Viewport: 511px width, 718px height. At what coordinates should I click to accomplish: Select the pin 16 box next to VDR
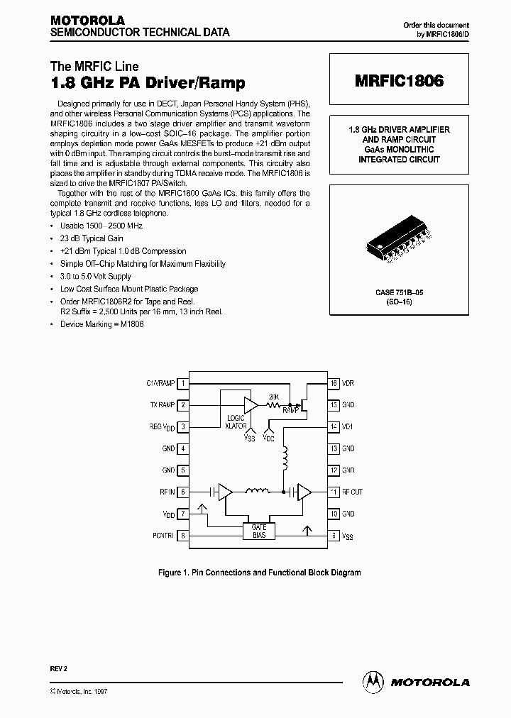coord(332,383)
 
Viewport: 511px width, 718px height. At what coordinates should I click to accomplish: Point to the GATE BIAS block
coord(258,531)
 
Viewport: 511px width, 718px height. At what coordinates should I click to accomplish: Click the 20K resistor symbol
coord(273,404)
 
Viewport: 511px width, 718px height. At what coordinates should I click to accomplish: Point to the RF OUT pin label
coord(352,492)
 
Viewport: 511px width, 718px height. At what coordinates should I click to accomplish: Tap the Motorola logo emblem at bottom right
coord(372,681)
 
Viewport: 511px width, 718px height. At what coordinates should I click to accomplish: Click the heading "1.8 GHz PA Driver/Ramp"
coord(149,84)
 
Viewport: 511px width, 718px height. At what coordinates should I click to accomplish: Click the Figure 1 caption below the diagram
coord(258,572)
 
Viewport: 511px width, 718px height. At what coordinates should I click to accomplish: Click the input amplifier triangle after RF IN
coord(225,491)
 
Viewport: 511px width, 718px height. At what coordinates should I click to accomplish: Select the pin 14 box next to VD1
coord(332,426)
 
